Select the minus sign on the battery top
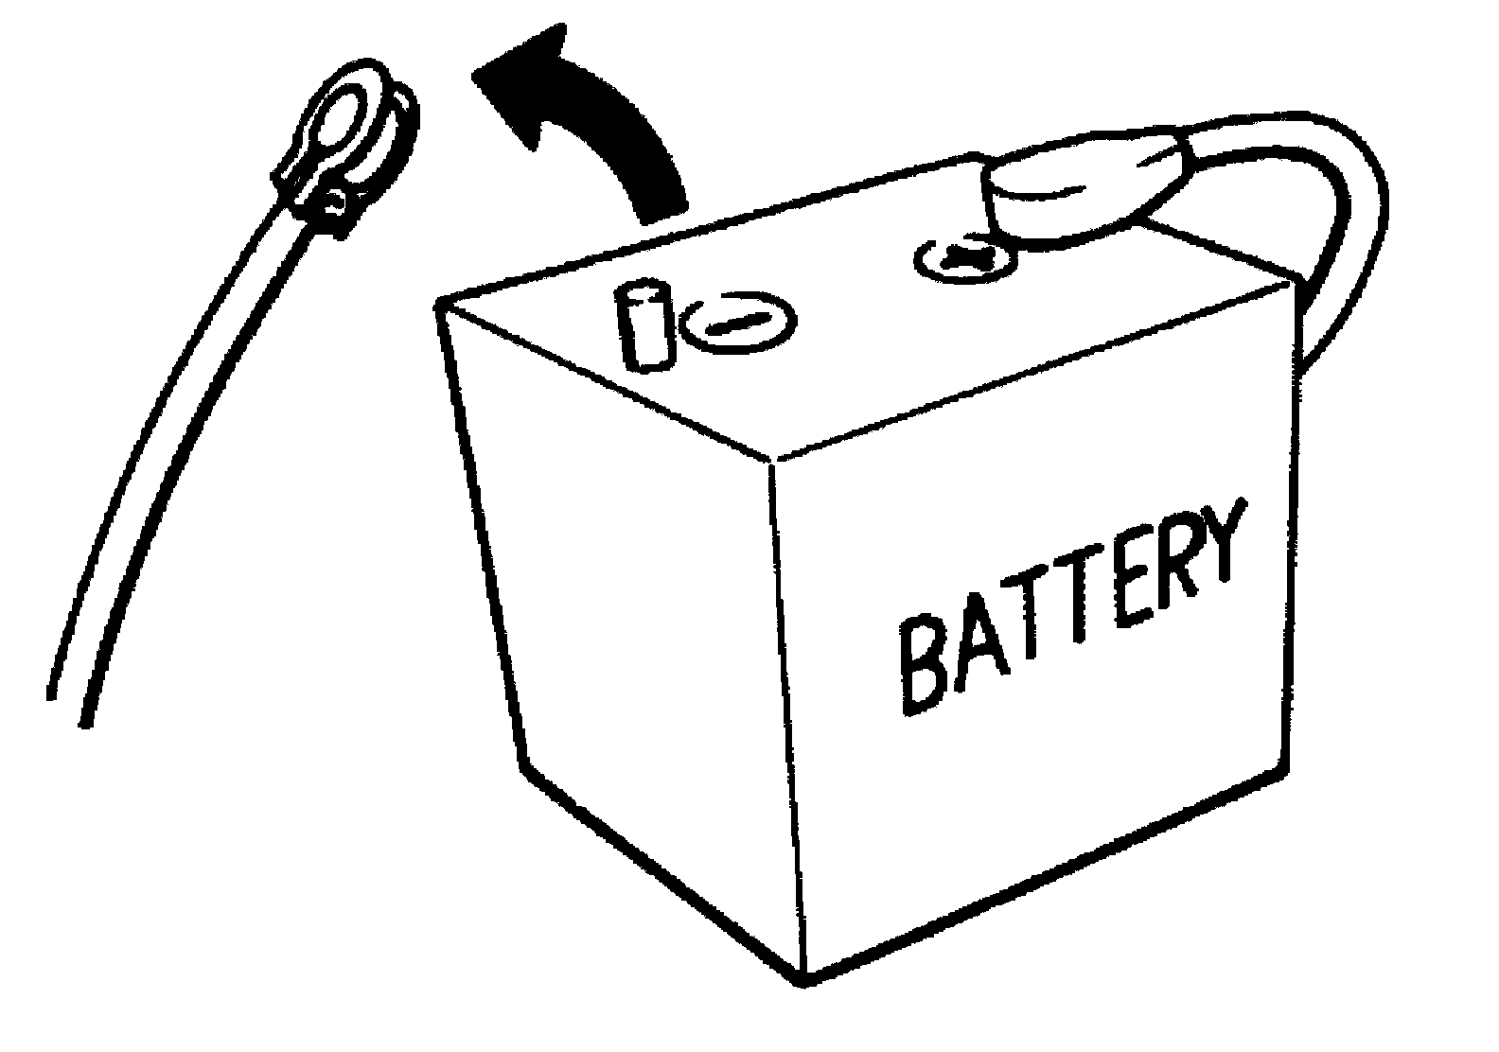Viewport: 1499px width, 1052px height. coord(738,324)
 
